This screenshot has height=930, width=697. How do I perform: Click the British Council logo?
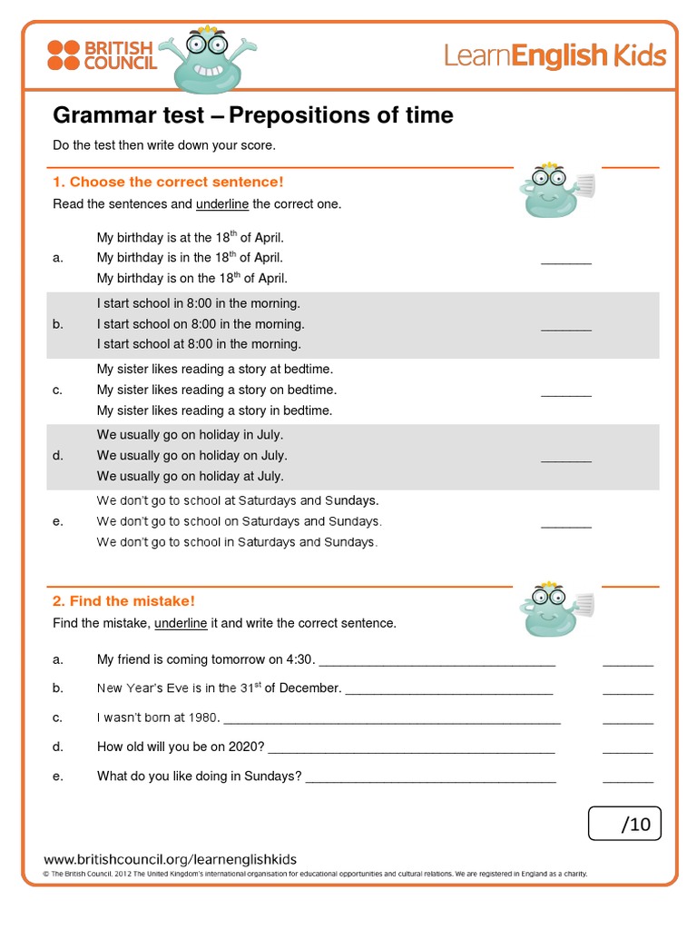101,55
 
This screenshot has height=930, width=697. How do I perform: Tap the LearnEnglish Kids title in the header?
555,56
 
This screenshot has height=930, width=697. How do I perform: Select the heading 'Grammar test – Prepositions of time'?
252,116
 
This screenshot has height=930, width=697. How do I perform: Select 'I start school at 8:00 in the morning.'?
199,344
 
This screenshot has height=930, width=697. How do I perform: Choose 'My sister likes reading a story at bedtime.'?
215,369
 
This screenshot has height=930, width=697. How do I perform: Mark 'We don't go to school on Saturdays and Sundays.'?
240,521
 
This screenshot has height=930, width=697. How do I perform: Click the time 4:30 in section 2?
302,659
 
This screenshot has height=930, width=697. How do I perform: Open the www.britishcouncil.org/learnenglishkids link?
171,859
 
